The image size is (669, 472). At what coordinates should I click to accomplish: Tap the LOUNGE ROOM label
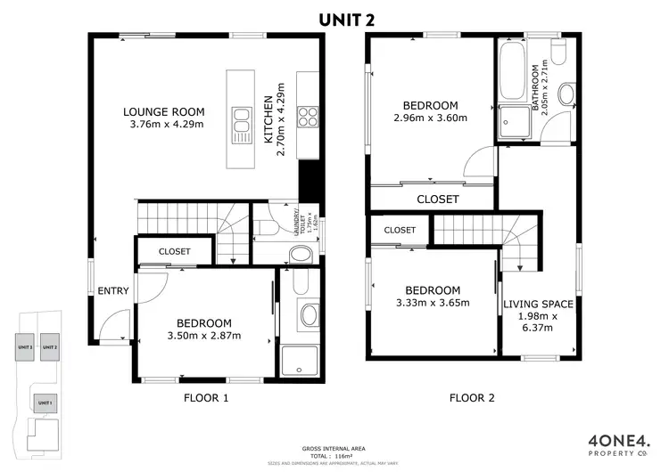pyautogui.click(x=163, y=112)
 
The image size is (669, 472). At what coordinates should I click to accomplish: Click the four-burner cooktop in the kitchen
pyautogui.click(x=308, y=118)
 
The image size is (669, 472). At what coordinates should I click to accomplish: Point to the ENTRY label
pyautogui.click(x=113, y=291)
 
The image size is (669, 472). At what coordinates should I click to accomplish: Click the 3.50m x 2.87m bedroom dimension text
pyautogui.click(x=203, y=336)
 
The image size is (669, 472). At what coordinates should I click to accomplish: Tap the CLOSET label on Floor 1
pyautogui.click(x=174, y=251)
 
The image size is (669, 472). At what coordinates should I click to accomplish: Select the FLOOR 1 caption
pyautogui.click(x=206, y=398)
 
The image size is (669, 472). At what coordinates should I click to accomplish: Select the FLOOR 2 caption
pyautogui.click(x=472, y=398)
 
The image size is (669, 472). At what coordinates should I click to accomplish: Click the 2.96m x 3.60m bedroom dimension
pyautogui.click(x=430, y=118)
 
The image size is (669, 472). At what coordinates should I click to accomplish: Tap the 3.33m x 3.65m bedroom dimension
pyautogui.click(x=433, y=303)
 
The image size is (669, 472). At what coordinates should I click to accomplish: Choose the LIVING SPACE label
pyautogui.click(x=538, y=304)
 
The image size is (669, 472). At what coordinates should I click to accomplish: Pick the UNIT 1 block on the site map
pyautogui.click(x=45, y=403)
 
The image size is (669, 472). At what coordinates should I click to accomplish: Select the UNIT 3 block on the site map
pyautogui.click(x=25, y=347)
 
